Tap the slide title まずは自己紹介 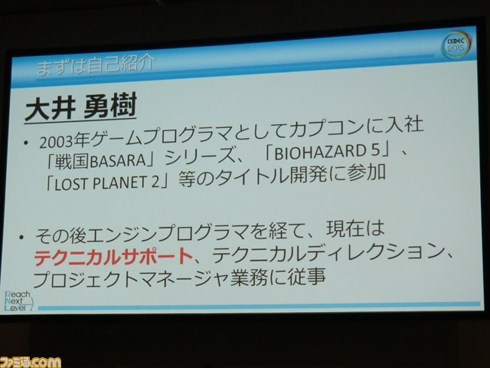[96, 64]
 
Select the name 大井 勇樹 [80, 107]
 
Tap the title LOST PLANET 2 [107, 183]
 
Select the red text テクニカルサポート [113, 257]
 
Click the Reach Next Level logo [18, 301]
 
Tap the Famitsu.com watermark [31, 362]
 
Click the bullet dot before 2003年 [26, 143]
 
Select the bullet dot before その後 [21, 237]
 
